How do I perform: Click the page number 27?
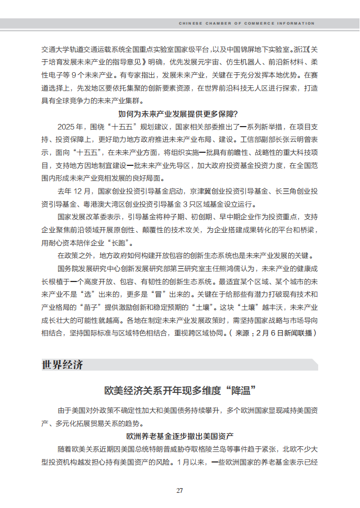pos(179,490)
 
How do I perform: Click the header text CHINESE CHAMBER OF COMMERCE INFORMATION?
pos(247,24)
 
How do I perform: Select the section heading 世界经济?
pos(62,365)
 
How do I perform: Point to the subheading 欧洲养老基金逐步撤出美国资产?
pos(179,436)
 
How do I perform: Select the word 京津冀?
pos(200,191)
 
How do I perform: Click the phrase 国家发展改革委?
pos(85,217)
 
